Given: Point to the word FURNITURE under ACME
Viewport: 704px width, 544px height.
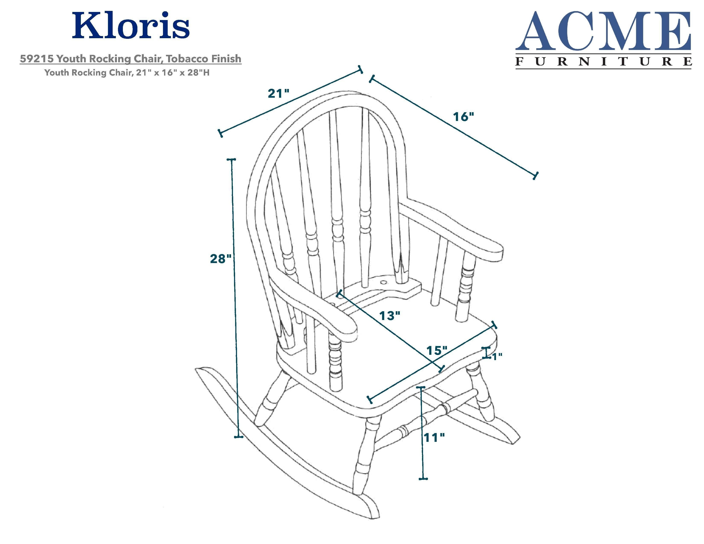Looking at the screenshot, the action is [604, 61].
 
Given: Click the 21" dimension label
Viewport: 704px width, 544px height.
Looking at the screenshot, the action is [278, 93].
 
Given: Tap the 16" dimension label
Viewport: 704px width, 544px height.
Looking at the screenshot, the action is [464, 117].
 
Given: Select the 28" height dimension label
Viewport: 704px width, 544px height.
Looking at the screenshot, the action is [221, 259].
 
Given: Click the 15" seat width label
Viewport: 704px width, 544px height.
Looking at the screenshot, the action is [437, 350].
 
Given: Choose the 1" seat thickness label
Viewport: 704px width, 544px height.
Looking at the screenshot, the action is [497, 357].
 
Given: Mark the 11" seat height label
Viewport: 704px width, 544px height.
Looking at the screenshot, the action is [434, 438].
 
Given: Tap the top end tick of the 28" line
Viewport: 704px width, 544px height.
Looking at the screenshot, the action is [231, 159].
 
